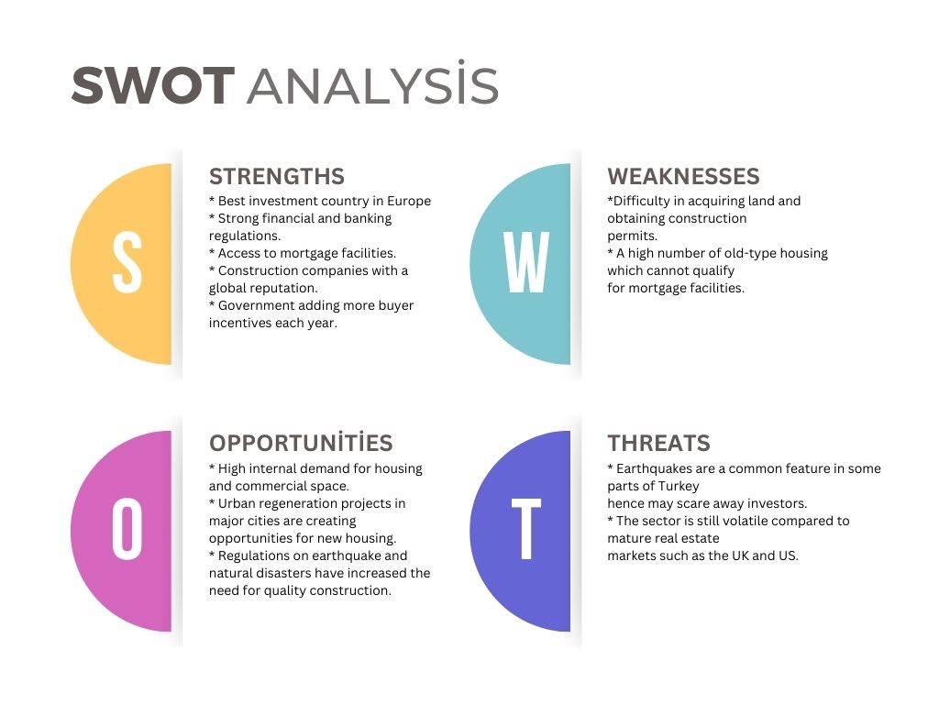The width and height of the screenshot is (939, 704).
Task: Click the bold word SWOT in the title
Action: point(153,85)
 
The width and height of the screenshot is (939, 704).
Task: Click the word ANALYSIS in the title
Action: point(372,82)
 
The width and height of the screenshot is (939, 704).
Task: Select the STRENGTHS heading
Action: point(277,177)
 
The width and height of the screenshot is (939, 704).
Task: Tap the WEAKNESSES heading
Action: point(683,177)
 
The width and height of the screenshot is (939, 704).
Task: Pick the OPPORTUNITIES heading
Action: point(301,443)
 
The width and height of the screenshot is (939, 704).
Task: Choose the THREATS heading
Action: point(658,444)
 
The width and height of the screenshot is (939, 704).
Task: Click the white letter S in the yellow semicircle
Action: point(127,263)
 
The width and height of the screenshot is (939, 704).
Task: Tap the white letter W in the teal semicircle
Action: point(526,262)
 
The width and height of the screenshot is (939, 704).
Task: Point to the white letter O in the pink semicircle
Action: point(127,530)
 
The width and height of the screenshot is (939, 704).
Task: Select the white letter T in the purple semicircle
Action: point(526,529)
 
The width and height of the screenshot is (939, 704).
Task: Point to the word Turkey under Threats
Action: point(679,486)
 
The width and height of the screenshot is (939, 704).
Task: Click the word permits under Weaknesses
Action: point(633,236)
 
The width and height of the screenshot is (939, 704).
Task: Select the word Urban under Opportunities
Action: point(236,503)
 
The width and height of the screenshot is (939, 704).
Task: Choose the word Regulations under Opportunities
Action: point(254,556)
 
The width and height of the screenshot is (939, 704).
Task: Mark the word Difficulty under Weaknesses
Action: point(640,202)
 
